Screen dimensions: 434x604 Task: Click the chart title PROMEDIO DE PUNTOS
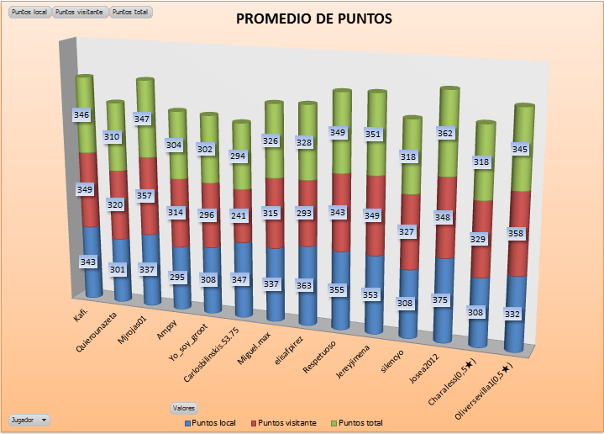pyautogui.click(x=313, y=19)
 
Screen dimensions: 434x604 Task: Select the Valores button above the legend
pyautogui.click(x=184, y=407)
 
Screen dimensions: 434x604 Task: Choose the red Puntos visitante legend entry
pyautogui.click(x=286, y=422)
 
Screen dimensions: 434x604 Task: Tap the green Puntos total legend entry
pyautogui.click(x=360, y=422)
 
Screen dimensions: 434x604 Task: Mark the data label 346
pyautogui.click(x=81, y=114)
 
